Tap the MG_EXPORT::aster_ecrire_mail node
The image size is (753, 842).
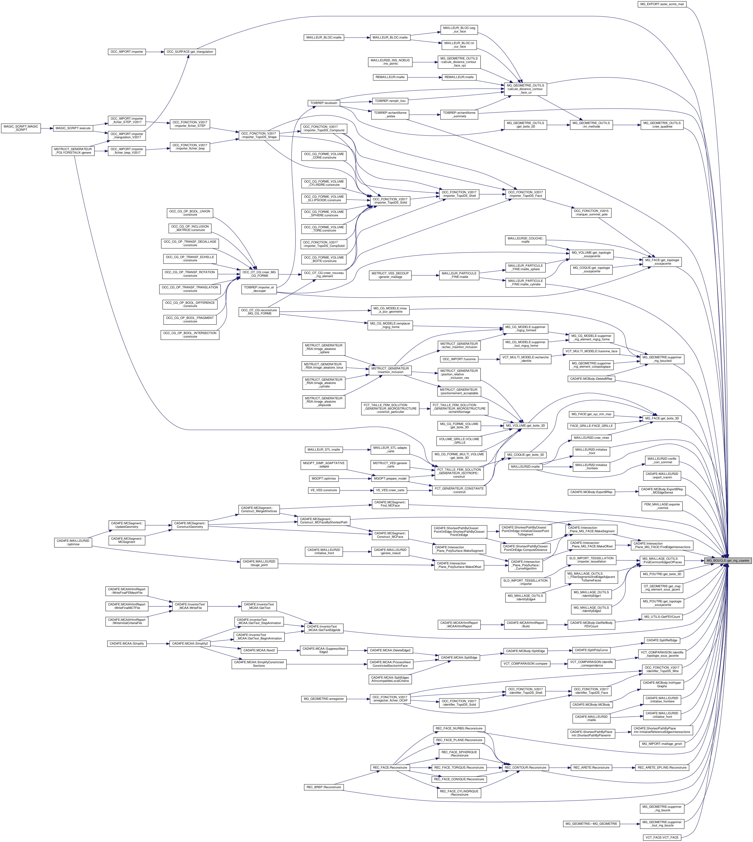662,4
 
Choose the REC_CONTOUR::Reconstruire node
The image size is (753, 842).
526,768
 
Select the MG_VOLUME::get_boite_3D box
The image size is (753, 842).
526,425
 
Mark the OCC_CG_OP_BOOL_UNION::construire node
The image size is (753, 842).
190,213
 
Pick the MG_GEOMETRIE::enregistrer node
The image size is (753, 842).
323,699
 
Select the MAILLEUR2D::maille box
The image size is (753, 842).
525,467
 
